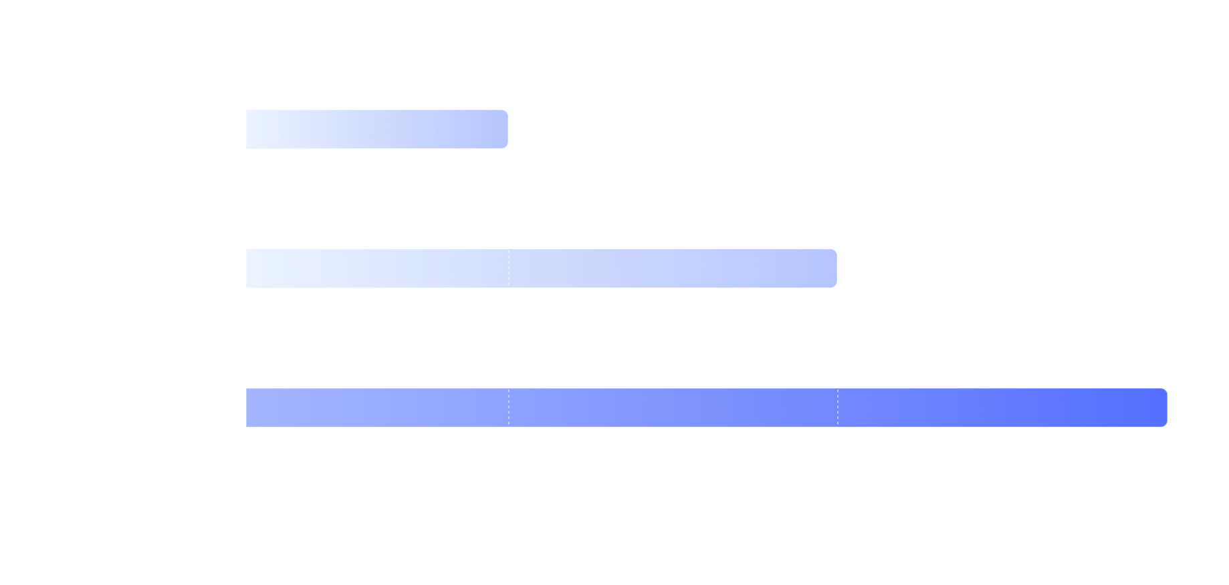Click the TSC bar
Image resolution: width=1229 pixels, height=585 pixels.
coord(376,129)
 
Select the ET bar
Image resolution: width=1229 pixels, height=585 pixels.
coord(540,268)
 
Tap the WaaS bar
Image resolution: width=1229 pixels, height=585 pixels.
coord(705,408)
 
